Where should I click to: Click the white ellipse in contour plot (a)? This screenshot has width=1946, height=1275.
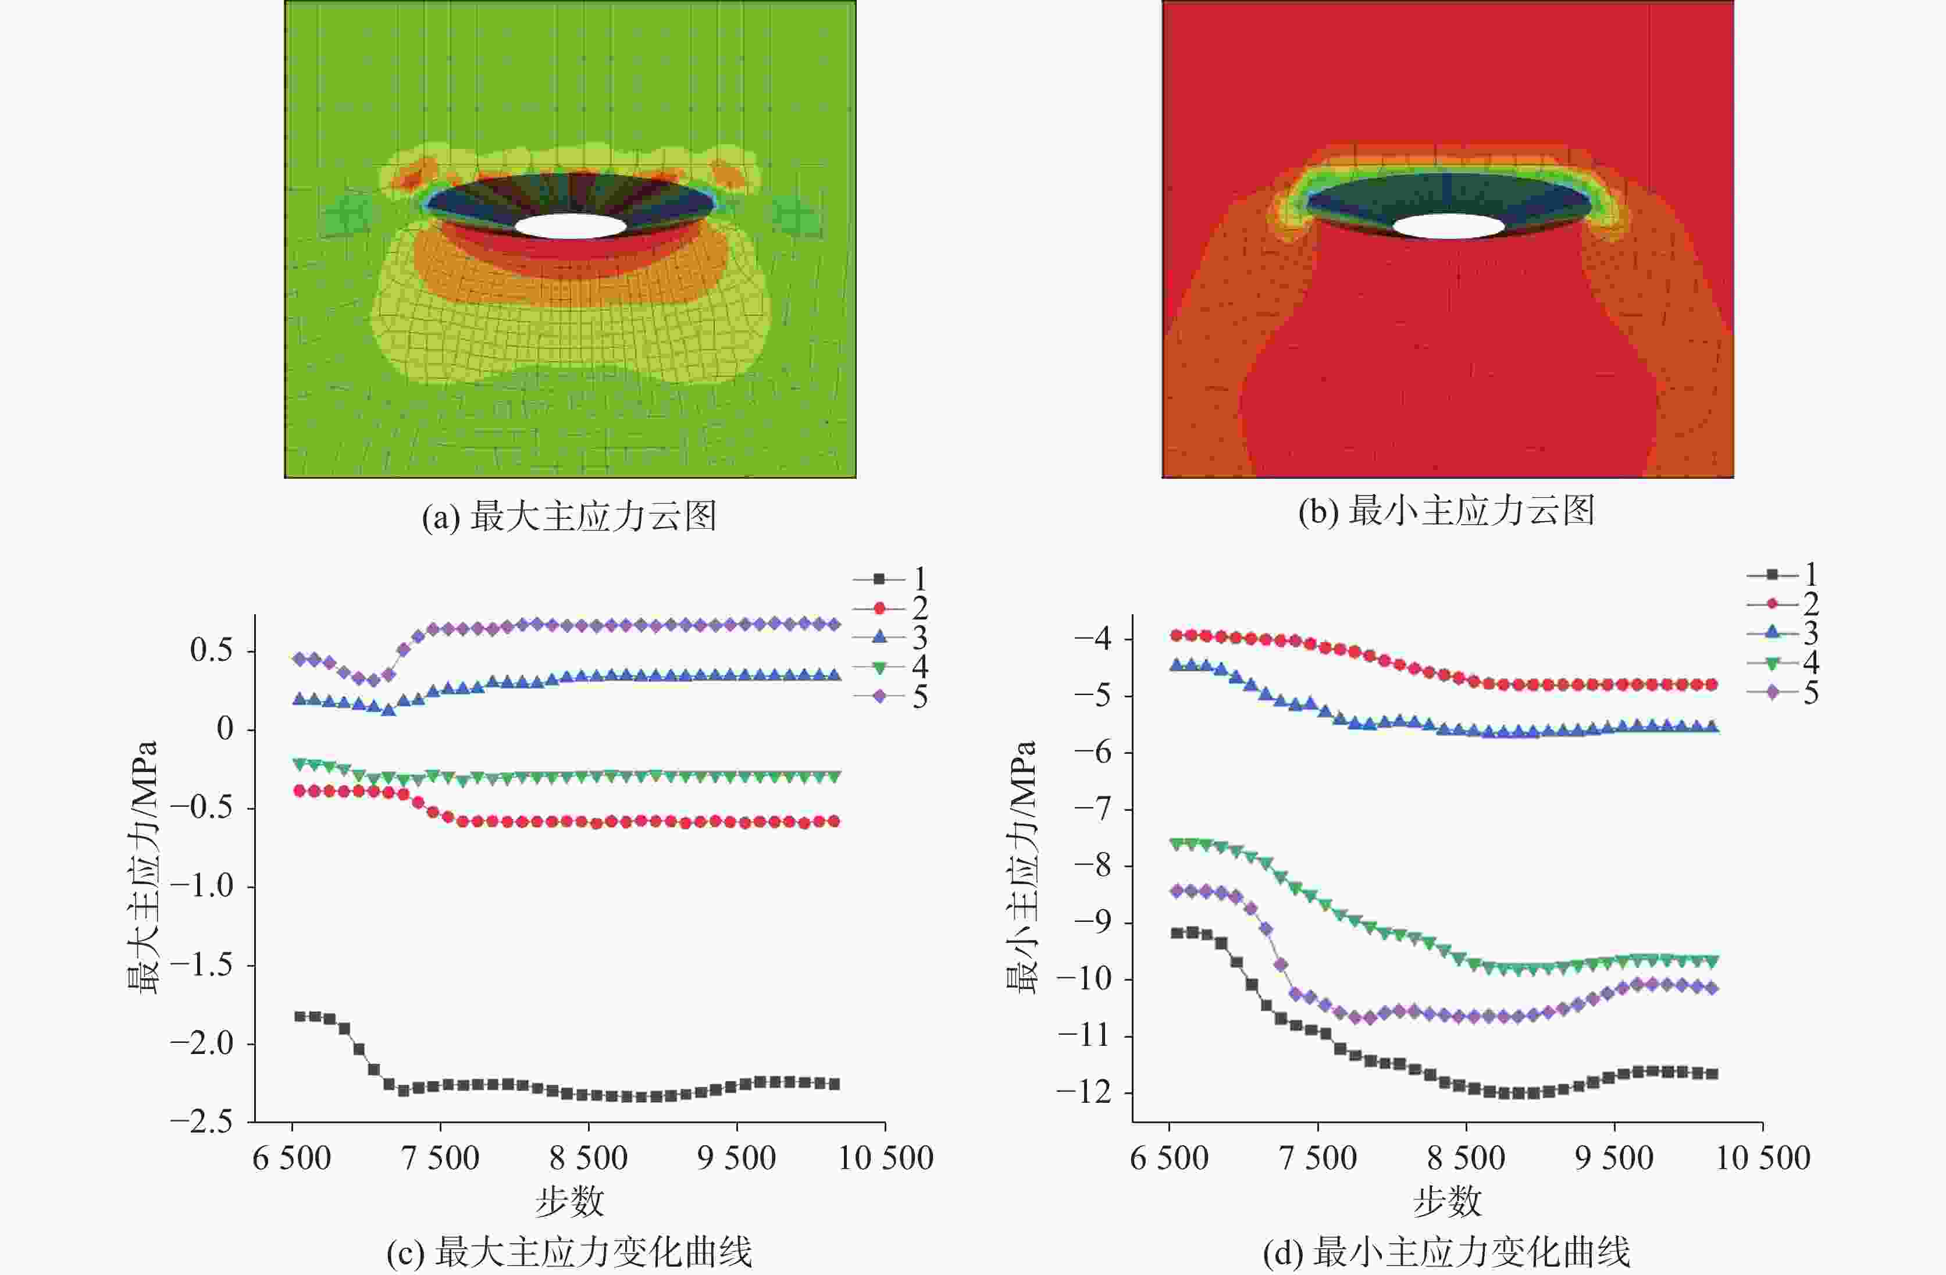click(x=571, y=226)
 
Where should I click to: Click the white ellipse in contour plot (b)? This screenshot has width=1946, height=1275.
click(x=1448, y=226)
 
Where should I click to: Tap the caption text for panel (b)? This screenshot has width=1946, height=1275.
click(x=1446, y=511)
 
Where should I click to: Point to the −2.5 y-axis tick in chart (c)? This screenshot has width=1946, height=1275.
click(x=200, y=1122)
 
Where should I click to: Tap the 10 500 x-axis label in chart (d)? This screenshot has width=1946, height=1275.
click(x=1762, y=1158)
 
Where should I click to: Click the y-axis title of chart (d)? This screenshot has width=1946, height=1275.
click(x=1021, y=867)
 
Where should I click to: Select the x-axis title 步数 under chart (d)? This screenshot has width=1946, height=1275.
click(x=1446, y=1201)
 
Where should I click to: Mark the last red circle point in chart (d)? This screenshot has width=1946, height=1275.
click(x=1712, y=685)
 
